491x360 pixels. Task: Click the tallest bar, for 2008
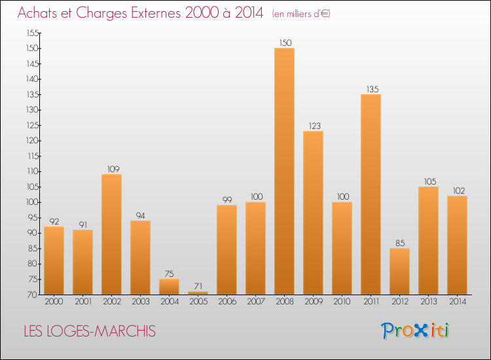pyautogui.click(x=284, y=171)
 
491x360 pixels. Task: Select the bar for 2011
pyautogui.click(x=371, y=194)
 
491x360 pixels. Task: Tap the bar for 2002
pyautogui.click(x=111, y=234)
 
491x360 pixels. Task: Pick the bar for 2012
pyautogui.click(x=399, y=272)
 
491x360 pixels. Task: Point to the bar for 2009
pyautogui.click(x=313, y=213)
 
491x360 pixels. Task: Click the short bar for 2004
pyautogui.click(x=169, y=287)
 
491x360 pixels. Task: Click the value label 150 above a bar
pyautogui.click(x=284, y=43)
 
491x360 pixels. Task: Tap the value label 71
pyautogui.click(x=198, y=286)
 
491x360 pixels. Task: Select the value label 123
pyautogui.click(x=313, y=126)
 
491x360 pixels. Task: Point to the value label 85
pyautogui.click(x=399, y=243)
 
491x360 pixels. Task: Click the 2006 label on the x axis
pyautogui.click(x=227, y=302)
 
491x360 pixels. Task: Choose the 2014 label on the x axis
pyautogui.click(x=457, y=302)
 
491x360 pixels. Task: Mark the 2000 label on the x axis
pyautogui.click(x=54, y=302)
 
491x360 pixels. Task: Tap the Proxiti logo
pyautogui.click(x=416, y=331)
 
